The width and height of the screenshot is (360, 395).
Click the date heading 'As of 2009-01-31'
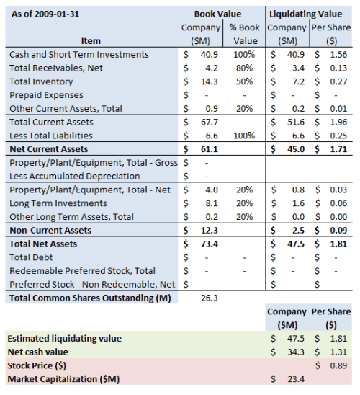pos(45,14)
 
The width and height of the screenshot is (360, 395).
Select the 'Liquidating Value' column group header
pos(310,14)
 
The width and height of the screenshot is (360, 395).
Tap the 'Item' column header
pos(91,41)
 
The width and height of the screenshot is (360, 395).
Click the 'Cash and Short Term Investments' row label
pos(80,55)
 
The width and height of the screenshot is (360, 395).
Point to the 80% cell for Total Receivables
pos(246,68)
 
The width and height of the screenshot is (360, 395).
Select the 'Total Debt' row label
pos(32,257)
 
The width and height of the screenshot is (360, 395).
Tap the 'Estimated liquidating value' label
pos(64,338)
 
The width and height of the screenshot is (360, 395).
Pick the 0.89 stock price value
pos(341,365)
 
